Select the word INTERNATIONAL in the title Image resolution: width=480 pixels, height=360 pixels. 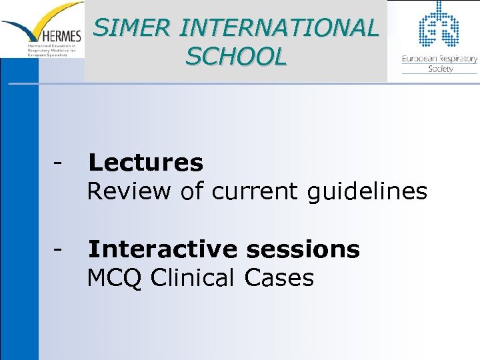[x=279, y=27]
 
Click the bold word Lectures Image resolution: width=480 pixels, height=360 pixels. [x=145, y=162]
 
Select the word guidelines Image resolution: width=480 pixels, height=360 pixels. [x=367, y=191]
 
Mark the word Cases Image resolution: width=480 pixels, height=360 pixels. [x=279, y=277]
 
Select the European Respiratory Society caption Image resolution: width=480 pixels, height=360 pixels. [x=439, y=63]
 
